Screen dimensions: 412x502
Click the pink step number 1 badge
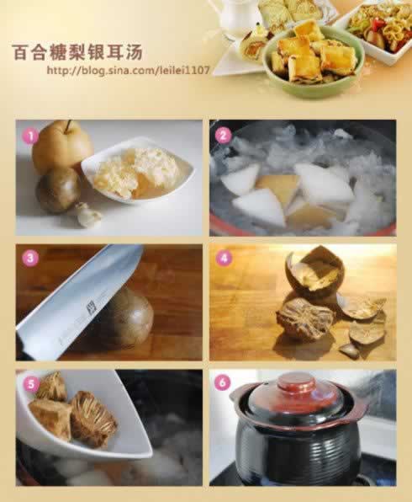pos(30,136)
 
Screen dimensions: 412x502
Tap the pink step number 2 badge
pos(224,136)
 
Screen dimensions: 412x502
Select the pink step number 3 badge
pos(30,258)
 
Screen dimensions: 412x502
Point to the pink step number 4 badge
pos(224,258)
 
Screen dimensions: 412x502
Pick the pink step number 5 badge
pos(30,383)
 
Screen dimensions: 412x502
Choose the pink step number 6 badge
pos(223,382)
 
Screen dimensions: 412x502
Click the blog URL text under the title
pos(128,70)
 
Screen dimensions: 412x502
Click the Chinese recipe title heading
pos(77,52)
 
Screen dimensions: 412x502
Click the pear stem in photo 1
pos(68,126)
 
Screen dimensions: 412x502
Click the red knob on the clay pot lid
pos(293,383)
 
